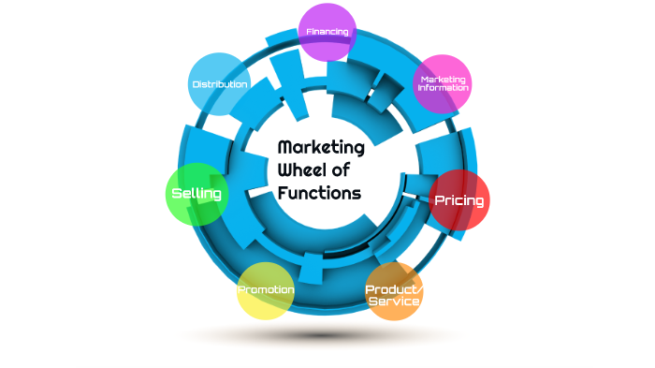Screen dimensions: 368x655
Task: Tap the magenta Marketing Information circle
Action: pyautogui.click(x=443, y=83)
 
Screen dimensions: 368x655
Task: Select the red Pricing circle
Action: pyautogui.click(x=458, y=199)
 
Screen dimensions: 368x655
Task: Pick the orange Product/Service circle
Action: pyautogui.click(x=394, y=292)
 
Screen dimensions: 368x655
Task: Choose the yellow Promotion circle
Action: pyautogui.click(x=266, y=291)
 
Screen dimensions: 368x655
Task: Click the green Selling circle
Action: pyautogui.click(x=196, y=195)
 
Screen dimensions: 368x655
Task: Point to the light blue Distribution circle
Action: pyautogui.click(x=219, y=83)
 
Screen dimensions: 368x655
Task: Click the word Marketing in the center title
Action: pyautogui.click(x=322, y=147)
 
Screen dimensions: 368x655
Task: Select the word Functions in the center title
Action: pyautogui.click(x=319, y=194)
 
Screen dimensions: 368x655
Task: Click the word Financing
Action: pyautogui.click(x=327, y=31)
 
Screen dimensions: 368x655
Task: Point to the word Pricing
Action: pyautogui.click(x=458, y=200)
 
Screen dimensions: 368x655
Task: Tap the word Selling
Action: pyautogui.click(x=196, y=194)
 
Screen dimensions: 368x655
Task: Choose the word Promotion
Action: pyautogui.click(x=266, y=290)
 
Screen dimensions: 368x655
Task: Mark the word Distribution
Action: pyautogui.click(x=220, y=84)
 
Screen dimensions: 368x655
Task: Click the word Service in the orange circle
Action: pyautogui.click(x=394, y=302)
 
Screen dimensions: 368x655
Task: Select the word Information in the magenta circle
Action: pyautogui.click(x=443, y=88)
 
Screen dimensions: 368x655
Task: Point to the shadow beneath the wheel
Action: pyautogui.click(x=323, y=334)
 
